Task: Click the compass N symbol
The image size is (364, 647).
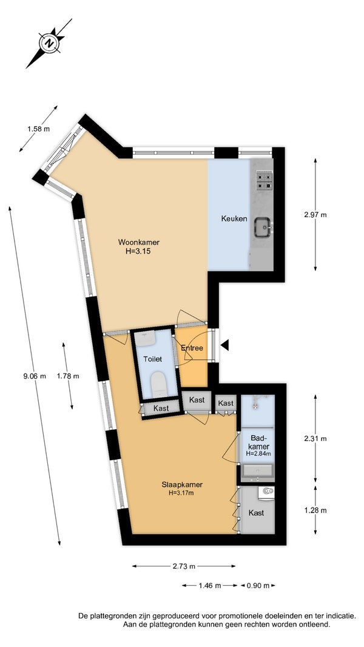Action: [50, 43]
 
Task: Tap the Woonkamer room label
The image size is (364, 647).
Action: [139, 242]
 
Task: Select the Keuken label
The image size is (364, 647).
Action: [234, 219]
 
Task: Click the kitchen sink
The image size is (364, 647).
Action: [263, 227]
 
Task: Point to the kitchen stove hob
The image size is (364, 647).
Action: [264, 180]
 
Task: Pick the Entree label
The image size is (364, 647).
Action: [192, 348]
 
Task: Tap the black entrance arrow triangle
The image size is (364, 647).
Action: [224, 346]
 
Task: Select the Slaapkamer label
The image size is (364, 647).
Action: [182, 485]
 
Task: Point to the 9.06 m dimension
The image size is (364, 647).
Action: [34, 376]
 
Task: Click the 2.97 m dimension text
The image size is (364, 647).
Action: [315, 215]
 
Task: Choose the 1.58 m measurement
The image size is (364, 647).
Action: [38, 129]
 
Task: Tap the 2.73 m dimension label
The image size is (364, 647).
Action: [184, 566]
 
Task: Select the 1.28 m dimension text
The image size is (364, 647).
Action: [315, 511]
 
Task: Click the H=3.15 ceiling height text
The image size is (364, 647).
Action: [138, 250]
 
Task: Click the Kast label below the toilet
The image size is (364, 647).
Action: [161, 409]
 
